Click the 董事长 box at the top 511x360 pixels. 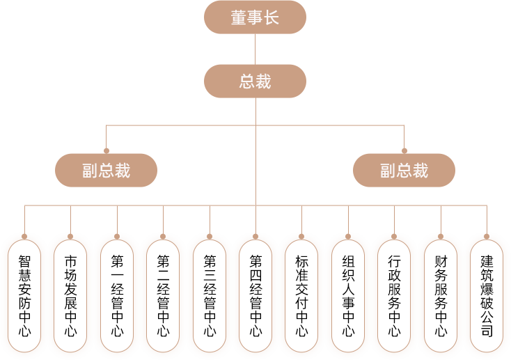255,17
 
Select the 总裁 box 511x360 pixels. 255,81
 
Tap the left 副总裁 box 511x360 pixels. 107,170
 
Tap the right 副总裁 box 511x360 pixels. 404,170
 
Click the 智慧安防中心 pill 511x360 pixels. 24,295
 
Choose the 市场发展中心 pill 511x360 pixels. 70,295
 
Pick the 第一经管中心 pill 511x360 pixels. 117,295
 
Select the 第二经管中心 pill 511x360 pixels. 163,295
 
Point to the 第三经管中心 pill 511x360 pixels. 210,295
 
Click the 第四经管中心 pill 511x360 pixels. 255,295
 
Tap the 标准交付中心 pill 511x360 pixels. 301,295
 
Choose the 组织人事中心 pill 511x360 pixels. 348,295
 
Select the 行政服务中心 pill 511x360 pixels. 394,295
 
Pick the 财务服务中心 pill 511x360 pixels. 441,295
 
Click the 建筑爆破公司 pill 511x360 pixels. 487,295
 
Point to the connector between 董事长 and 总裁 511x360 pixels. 255,49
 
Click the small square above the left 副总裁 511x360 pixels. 107,149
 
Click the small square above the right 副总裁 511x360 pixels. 404,149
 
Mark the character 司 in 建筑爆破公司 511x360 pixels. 487,330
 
